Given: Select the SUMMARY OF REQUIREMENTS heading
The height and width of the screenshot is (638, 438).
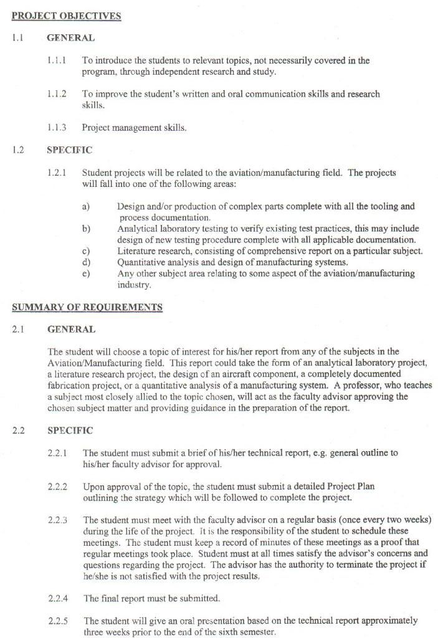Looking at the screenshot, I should (87, 307).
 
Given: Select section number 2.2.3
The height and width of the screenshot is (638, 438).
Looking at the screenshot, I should (57, 520).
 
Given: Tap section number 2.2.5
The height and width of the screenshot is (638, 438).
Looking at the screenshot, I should (57, 621).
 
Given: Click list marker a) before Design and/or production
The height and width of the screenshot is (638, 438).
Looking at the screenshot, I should (85, 206).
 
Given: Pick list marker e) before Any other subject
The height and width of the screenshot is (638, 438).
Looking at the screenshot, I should (85, 274).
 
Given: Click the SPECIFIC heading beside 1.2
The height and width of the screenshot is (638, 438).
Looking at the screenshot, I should (69, 150).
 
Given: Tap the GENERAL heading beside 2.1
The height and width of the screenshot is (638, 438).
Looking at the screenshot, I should (71, 330).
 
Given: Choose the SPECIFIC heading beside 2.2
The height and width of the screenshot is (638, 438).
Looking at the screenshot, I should (70, 431).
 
